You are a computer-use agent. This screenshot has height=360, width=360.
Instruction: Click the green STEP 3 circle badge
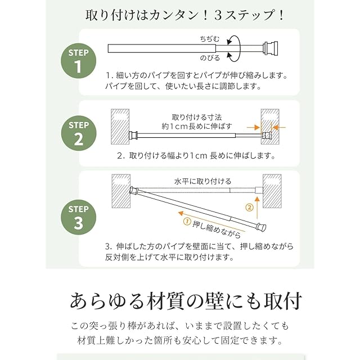pyautogui.click(x=77, y=217)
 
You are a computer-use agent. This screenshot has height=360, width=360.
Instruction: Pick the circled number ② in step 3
pyautogui.click(x=248, y=207)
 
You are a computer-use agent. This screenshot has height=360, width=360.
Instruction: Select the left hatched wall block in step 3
pyautogui.click(x=121, y=192)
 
